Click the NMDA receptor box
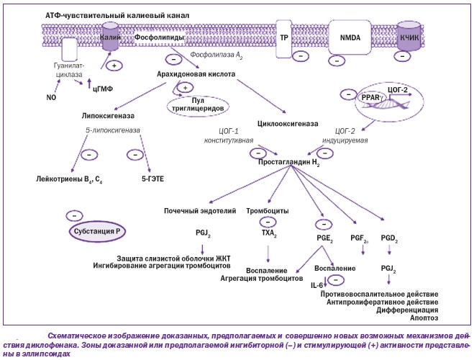[350, 36]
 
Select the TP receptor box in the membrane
[284, 36]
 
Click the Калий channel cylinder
[110, 37]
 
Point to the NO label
[50, 96]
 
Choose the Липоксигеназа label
[108, 115]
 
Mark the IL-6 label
[317, 286]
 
